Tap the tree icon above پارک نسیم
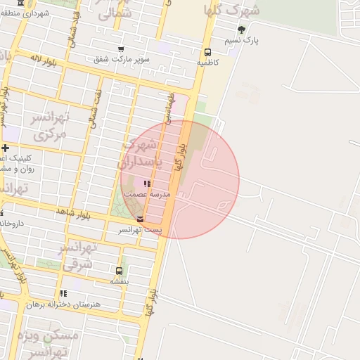point(242,30)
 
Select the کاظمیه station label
point(207,63)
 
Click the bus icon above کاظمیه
point(207,52)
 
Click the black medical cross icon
point(5,148)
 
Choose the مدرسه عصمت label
point(146,193)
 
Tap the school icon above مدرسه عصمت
point(146,184)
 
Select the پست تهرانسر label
point(139,230)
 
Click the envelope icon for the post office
point(140,219)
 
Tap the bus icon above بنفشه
point(119,271)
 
